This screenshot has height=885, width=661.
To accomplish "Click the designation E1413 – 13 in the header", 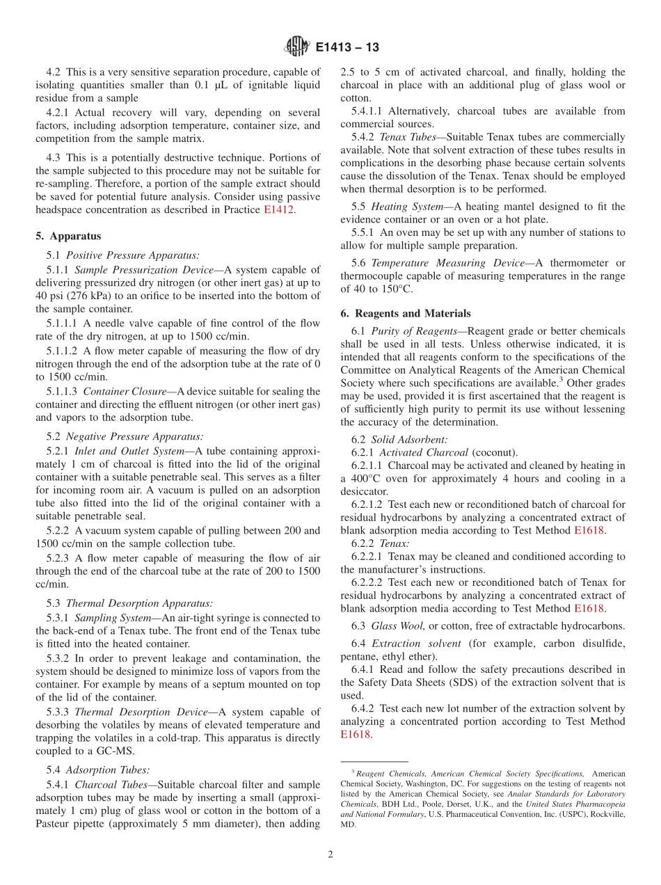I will (x=347, y=48).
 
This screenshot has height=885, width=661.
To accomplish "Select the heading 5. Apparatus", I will (x=68, y=236).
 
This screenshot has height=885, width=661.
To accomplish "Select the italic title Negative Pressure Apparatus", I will (x=134, y=436).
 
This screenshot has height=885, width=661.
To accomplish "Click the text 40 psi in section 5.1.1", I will (x=50, y=296).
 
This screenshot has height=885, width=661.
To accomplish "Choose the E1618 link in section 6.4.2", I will (x=356, y=734).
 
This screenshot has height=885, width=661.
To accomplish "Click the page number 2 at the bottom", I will (x=330, y=854).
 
